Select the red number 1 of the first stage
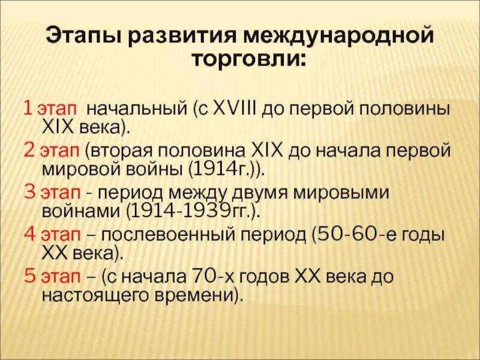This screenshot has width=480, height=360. (27, 110)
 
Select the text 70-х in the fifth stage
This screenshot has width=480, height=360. (208, 277)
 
